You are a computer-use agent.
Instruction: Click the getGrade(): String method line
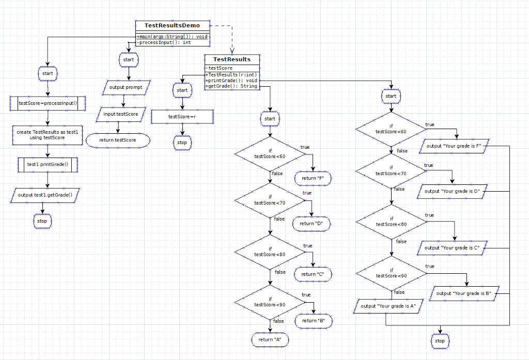[x=232, y=86]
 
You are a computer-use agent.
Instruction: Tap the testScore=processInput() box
[x=47, y=103]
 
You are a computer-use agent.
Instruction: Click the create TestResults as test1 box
[x=47, y=135]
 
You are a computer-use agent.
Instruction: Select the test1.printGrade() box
[x=47, y=165]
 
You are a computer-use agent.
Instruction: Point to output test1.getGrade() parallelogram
[x=45, y=195]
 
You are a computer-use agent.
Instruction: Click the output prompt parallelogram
[x=126, y=87]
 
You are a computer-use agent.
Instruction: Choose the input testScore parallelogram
[x=120, y=114]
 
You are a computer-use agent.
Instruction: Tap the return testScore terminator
[x=118, y=140]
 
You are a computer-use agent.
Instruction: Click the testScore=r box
[x=182, y=117]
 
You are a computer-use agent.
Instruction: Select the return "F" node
[x=313, y=178]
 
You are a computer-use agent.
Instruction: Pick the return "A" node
[x=270, y=340]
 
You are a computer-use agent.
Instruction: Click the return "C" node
[x=313, y=274]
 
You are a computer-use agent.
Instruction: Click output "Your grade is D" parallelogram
[x=452, y=191]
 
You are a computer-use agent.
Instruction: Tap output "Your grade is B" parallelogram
[x=463, y=293]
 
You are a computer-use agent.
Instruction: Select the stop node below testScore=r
[x=182, y=143]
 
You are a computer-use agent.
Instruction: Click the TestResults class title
[x=232, y=59]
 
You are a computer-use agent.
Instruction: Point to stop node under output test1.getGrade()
[x=42, y=221]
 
